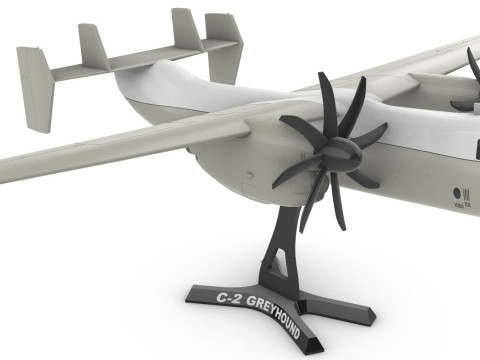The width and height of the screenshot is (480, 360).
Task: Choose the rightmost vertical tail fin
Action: point(221,40)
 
